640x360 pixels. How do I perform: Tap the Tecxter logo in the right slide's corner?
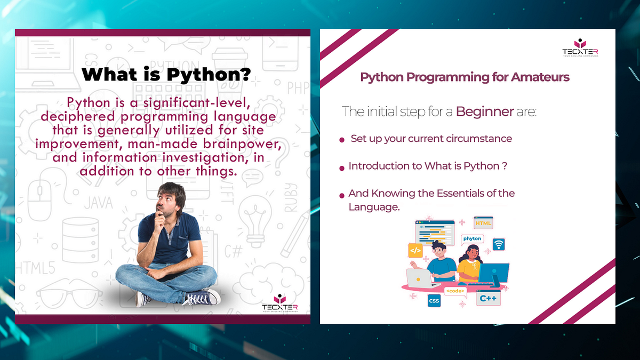click(580, 48)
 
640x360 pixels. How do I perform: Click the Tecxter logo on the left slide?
click(279, 304)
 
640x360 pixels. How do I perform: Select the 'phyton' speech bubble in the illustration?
click(472, 238)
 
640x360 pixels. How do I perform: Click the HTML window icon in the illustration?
click(483, 223)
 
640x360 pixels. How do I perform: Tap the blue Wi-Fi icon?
click(499, 244)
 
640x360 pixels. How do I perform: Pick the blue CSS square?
click(434, 301)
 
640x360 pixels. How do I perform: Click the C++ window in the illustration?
click(488, 299)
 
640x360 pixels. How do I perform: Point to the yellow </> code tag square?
click(415, 250)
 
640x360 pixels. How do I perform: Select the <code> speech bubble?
click(455, 292)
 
